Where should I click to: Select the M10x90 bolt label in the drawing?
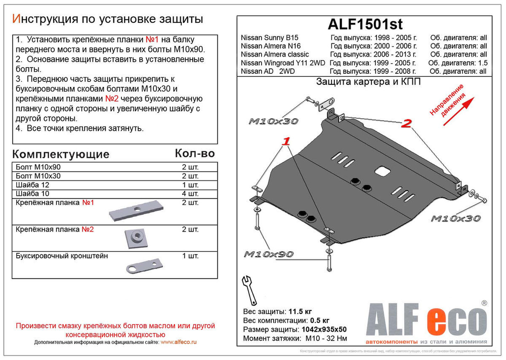point(269,254)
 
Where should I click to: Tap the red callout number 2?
point(406,124)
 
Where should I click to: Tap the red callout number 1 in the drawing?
point(286,141)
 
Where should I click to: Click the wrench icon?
point(249,288)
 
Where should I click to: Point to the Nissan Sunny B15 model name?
point(270,37)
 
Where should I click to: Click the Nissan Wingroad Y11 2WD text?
point(282,63)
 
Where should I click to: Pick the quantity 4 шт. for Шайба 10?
point(190,194)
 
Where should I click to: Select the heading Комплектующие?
point(60,154)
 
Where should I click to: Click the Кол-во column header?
point(194,153)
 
